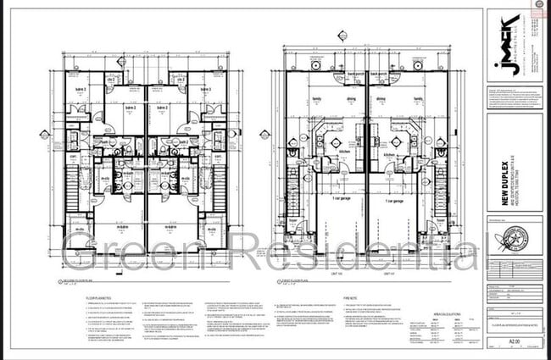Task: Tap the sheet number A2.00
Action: point(510,342)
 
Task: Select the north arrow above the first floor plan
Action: point(342,36)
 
